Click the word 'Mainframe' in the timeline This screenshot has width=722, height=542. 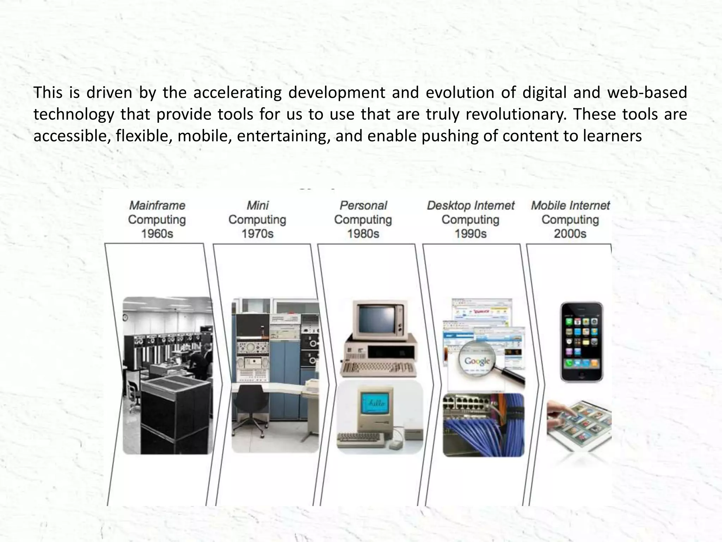click(157, 205)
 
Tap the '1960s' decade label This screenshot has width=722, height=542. click(157, 234)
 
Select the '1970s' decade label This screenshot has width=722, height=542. click(257, 234)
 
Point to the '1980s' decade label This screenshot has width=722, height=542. click(363, 234)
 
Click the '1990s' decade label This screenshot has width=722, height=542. click(470, 234)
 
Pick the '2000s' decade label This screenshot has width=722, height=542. click(570, 234)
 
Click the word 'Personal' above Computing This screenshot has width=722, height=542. click(363, 205)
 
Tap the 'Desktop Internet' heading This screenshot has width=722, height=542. click(470, 205)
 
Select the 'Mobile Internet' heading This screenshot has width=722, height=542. click(570, 205)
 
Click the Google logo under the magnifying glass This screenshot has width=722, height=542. click(477, 361)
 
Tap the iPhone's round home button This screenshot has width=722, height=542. click(581, 375)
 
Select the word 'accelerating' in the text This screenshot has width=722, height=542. click(237, 92)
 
